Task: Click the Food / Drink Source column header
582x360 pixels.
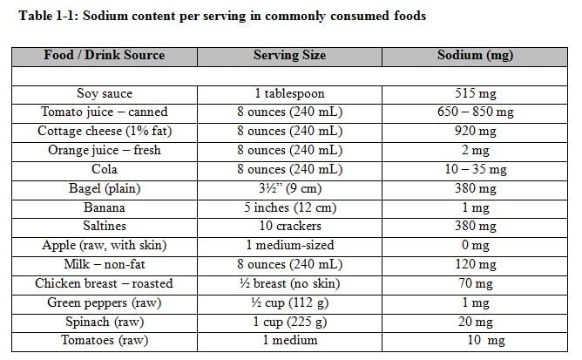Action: [104, 55]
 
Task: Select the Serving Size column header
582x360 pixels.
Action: [289, 55]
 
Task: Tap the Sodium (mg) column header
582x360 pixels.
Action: [475, 55]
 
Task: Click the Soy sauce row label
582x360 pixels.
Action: [104, 93]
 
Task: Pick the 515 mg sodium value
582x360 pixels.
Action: [475, 93]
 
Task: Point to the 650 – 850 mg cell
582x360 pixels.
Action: [475, 112]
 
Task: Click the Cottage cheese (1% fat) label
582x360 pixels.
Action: [104, 132]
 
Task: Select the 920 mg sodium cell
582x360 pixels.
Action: [475, 132]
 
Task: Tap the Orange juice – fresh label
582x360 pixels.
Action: [104, 150]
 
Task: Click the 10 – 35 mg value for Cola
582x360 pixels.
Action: [475, 169]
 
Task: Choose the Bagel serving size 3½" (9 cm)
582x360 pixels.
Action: [289, 188]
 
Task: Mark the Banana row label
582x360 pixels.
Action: [104, 207]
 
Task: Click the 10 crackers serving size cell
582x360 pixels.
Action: [289, 227]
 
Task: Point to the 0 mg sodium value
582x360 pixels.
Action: [475, 246]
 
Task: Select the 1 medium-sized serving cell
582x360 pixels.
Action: [289, 246]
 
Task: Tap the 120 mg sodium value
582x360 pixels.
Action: [475, 264]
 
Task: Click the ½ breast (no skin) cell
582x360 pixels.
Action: [289, 283]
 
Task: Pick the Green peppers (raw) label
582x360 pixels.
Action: [104, 302]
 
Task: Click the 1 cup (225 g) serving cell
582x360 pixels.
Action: [289, 322]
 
